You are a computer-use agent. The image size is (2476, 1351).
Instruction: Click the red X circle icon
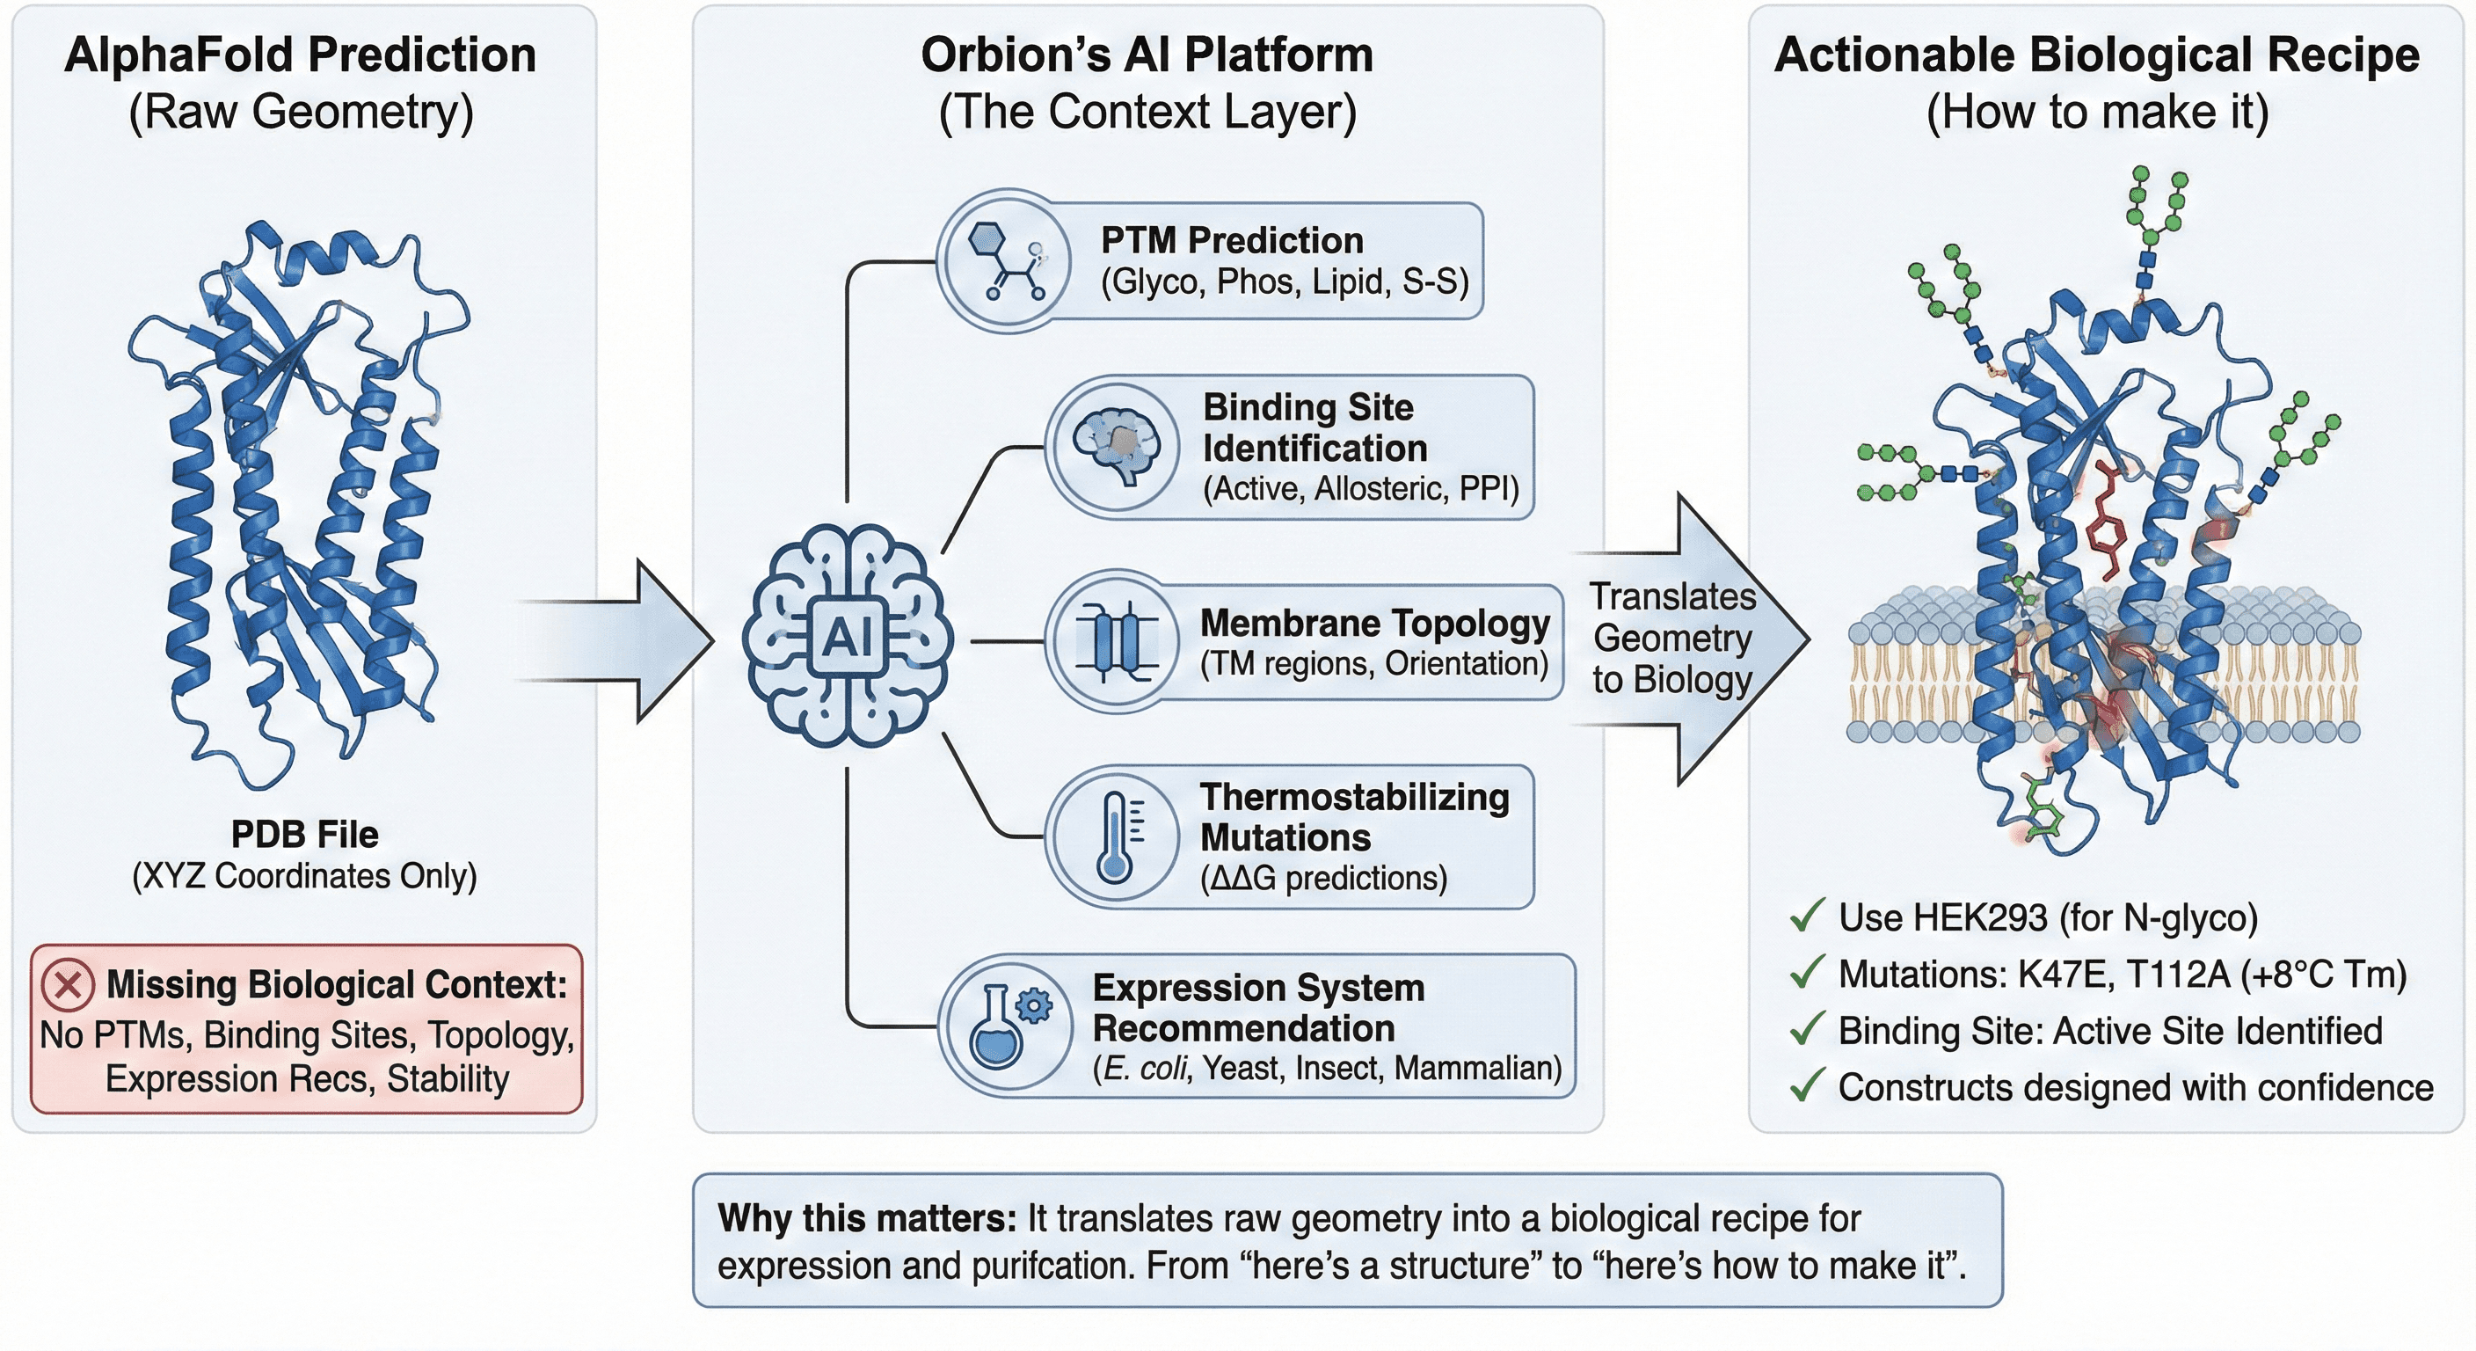point(68,984)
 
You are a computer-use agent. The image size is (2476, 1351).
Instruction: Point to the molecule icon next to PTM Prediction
point(1005,261)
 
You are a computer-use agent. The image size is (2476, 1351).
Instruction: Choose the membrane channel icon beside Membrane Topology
point(1114,640)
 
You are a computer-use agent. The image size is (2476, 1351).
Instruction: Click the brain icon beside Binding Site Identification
point(1114,446)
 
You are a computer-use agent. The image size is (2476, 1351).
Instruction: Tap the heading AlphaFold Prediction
point(300,55)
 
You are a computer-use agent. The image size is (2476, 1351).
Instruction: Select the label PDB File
point(305,834)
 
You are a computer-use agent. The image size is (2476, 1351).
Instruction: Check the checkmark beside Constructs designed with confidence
point(1806,1086)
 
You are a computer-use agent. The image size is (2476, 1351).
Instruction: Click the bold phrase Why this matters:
point(866,1218)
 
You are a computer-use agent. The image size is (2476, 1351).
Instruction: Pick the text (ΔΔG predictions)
point(1323,878)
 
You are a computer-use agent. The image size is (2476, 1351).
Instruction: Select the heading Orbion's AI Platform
point(1147,55)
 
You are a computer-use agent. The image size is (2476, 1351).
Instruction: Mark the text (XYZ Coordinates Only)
point(305,876)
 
